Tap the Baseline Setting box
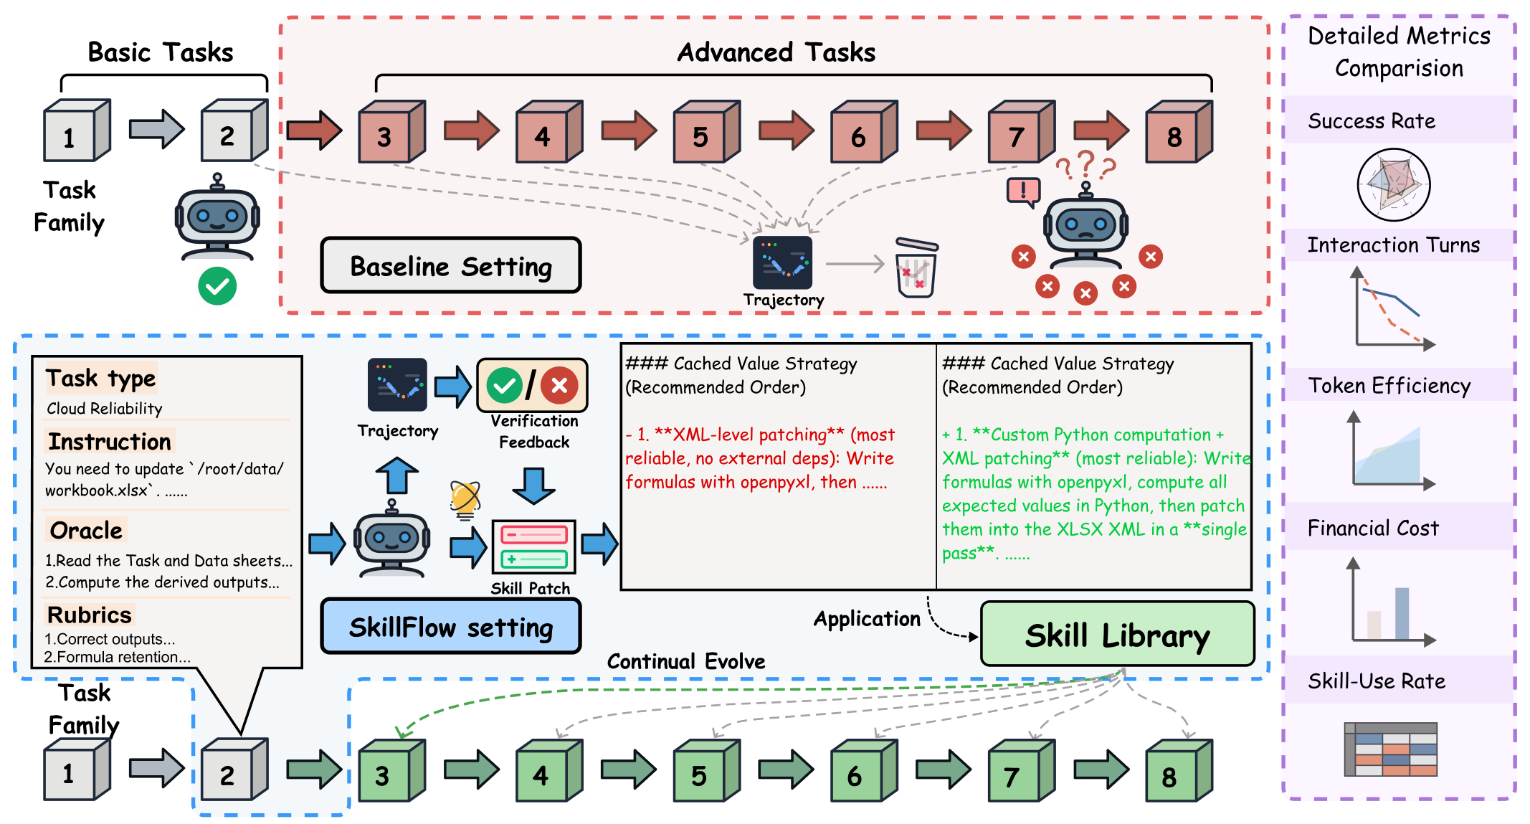[x=450, y=266]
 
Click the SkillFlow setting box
[x=450, y=627]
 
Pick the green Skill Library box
[x=1116, y=635]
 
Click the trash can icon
[x=916, y=267]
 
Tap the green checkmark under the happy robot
[x=217, y=286]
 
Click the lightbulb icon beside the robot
[x=465, y=499]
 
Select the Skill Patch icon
[x=533, y=546]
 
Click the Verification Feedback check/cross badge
[x=532, y=386]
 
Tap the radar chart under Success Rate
[x=1393, y=185]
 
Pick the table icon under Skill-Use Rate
[x=1390, y=749]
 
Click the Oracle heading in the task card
[x=86, y=531]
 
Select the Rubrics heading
[x=90, y=615]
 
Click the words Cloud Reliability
[x=105, y=409]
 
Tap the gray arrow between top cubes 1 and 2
[x=156, y=130]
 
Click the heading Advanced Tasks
[x=776, y=52]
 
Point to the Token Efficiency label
[x=1389, y=386]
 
